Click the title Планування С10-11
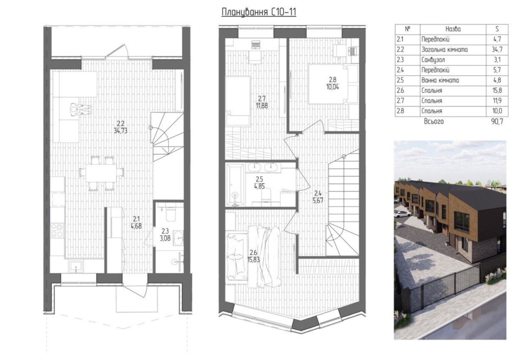coord(259,13)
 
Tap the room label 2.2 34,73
coord(120,127)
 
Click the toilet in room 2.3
coord(170,213)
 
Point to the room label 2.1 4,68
coord(136,223)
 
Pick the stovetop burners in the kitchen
coord(57,230)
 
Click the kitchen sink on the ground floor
coord(77,267)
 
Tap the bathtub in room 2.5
coord(235,184)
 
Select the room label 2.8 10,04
coord(333,83)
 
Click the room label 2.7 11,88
coord(261,102)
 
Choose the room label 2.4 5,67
coord(318,197)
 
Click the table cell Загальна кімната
coord(444,50)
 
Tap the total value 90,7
coord(497,122)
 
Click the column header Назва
coord(453,29)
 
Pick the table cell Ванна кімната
coord(440,80)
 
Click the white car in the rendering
coord(402,214)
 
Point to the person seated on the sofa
coord(81,109)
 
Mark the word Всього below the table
coord(434,122)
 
